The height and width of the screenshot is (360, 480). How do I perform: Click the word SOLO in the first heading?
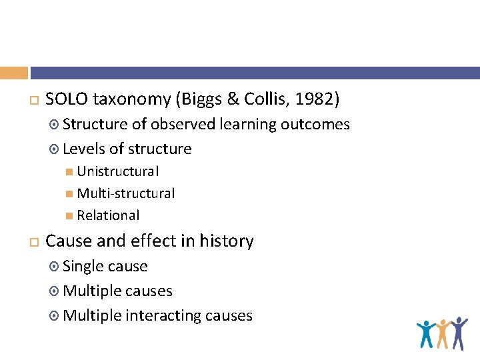(67, 100)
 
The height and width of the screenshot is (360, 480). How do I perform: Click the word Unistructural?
(118, 171)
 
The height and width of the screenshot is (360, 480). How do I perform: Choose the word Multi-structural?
(126, 193)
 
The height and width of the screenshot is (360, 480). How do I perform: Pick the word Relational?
(108, 215)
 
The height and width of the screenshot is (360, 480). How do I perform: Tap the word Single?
(83, 266)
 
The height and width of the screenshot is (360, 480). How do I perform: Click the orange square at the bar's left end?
(14, 73)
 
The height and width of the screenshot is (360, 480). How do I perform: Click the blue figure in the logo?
(425, 334)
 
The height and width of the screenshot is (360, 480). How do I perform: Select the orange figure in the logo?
(442, 333)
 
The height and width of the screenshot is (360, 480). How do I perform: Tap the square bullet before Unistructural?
(70, 172)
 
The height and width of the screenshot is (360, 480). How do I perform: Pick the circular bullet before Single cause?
(55, 267)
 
